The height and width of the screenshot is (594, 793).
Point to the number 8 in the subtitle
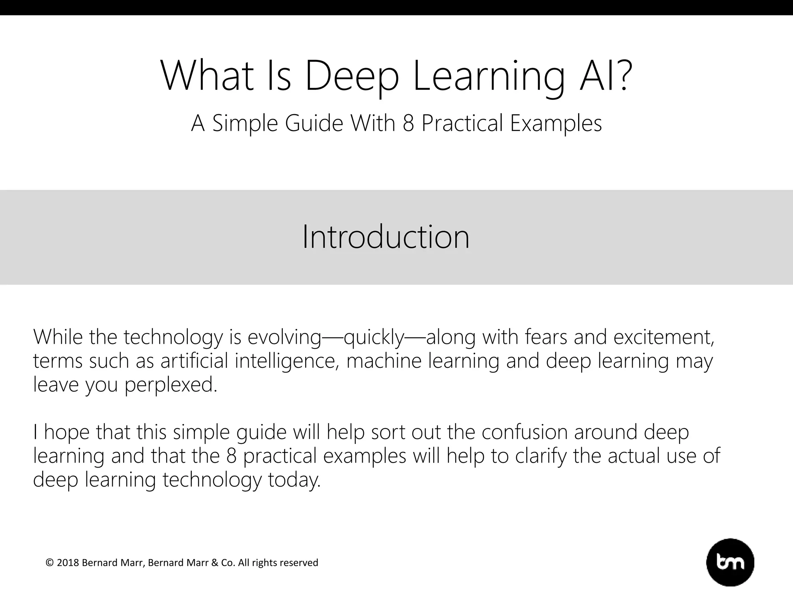click(408, 123)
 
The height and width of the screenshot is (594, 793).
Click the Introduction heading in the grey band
click(386, 237)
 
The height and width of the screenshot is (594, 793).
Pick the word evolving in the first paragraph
click(285, 337)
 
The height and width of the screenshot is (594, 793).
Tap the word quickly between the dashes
click(374, 337)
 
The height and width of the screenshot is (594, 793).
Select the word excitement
click(664, 337)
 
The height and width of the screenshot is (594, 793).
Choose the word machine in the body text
click(384, 361)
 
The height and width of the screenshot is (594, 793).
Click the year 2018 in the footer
click(68, 563)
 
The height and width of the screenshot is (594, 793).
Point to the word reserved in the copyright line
click(299, 563)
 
